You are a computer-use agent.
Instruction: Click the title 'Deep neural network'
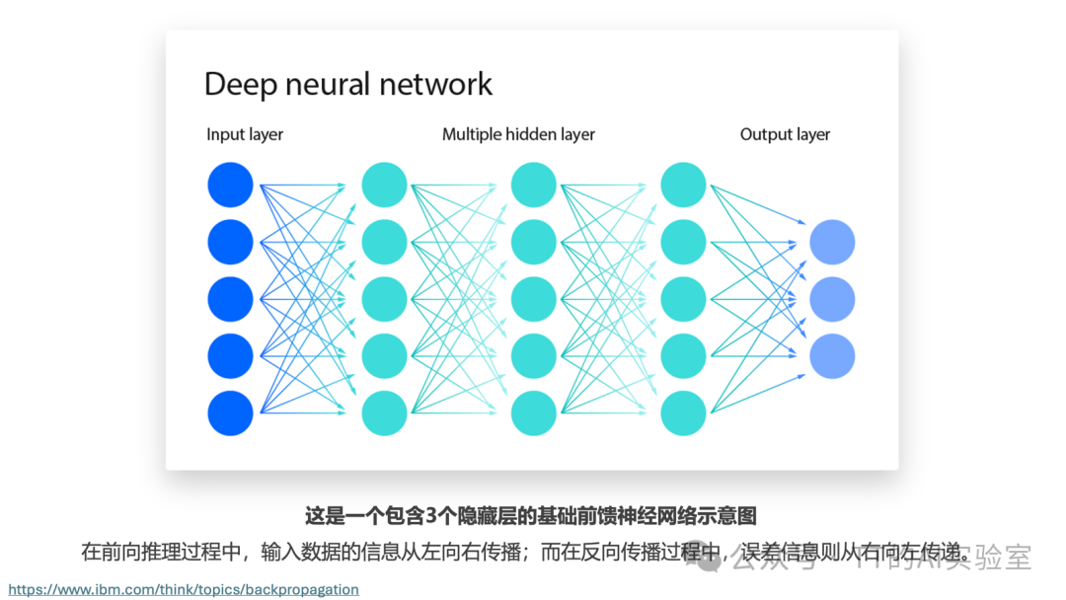pos(347,84)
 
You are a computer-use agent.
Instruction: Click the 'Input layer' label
pos(245,134)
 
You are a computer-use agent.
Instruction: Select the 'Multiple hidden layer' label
pos(518,134)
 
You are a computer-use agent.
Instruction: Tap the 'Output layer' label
pos(785,134)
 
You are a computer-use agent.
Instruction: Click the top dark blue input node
pos(231,185)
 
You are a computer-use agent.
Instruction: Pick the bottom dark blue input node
pos(231,412)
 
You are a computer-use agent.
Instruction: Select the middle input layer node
pos(231,299)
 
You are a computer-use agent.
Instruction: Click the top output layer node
pos(832,242)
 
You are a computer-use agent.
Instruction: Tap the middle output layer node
pos(832,299)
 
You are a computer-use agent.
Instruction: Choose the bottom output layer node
pos(832,356)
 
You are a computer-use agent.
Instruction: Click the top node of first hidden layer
pos(384,185)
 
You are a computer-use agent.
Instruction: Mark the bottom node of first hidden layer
pos(384,412)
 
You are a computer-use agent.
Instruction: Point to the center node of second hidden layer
pos(534,299)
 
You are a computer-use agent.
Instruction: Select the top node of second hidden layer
pos(534,185)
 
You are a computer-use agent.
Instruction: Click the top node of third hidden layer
pos(683,185)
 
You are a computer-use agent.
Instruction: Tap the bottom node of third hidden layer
pos(683,412)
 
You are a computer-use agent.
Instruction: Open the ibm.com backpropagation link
pos(184,589)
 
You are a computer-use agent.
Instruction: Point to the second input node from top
pos(231,242)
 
